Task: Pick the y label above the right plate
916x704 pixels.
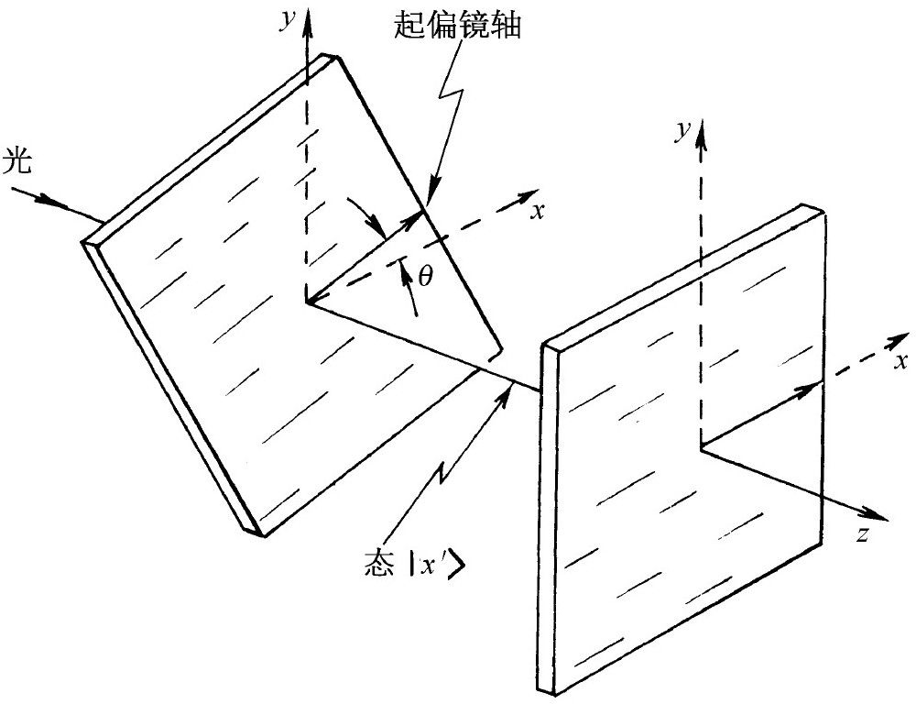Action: pos(680,131)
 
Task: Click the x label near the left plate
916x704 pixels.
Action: pos(539,211)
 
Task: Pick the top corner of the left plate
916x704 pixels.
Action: pos(327,57)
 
